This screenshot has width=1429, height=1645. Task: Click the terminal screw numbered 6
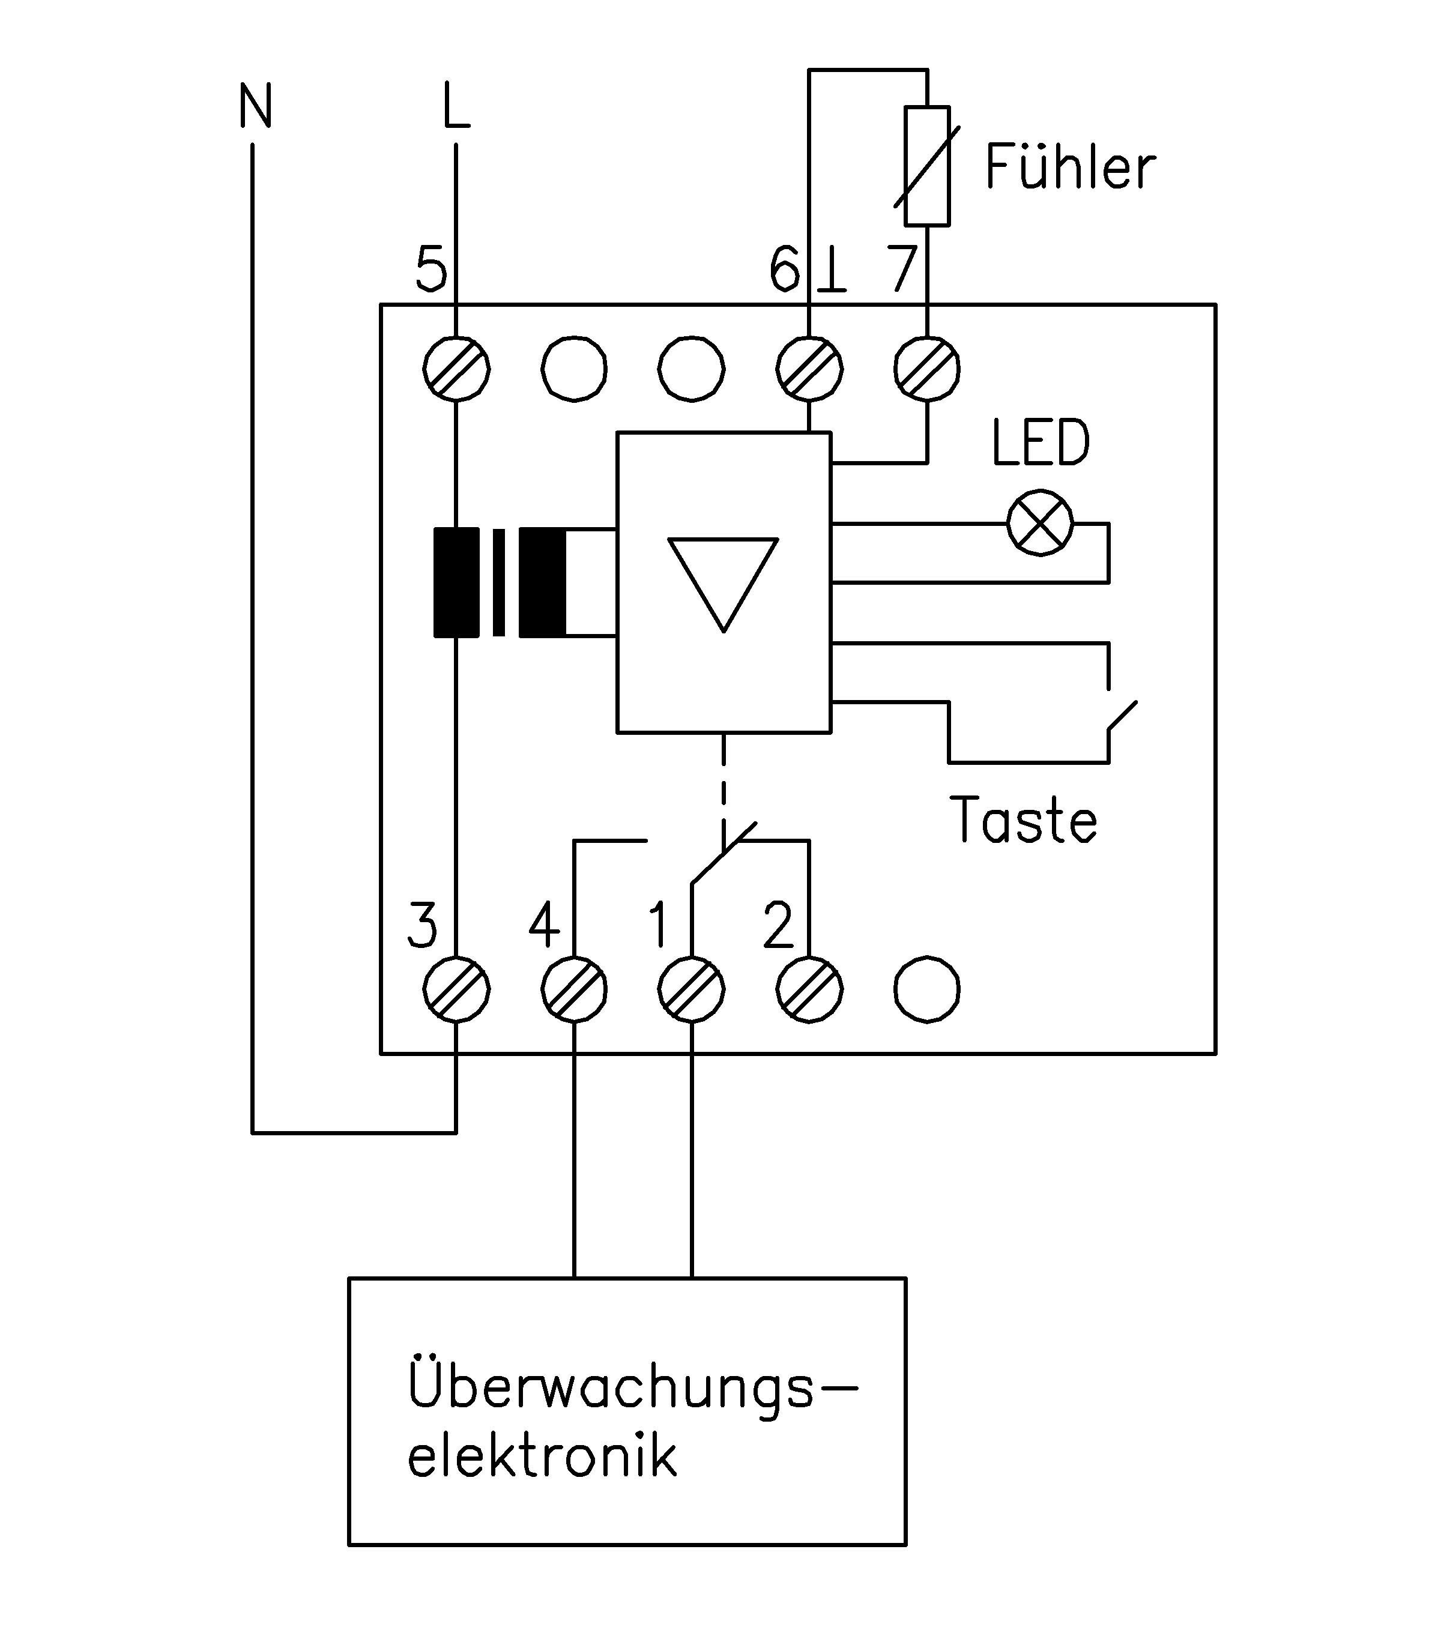pos(809,369)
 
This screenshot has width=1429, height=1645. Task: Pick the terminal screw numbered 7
pos(926,369)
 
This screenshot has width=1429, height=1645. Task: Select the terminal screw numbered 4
pos(574,989)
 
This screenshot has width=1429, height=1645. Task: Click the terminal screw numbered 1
pos(691,989)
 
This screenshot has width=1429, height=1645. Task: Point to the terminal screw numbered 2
pos(809,989)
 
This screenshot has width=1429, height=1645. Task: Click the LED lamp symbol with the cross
pos(1040,523)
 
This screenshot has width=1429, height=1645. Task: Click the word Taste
pos(1023,821)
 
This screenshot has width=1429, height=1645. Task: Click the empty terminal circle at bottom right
pos(926,989)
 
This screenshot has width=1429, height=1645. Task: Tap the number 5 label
pos(432,269)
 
